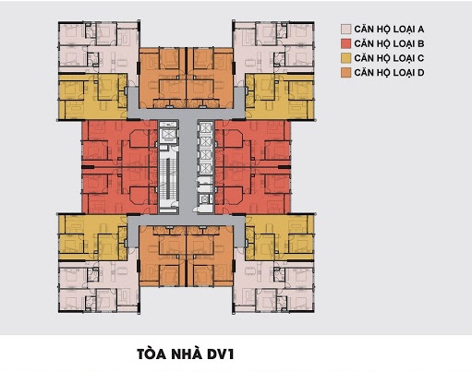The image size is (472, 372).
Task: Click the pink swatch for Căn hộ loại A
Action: (344, 30)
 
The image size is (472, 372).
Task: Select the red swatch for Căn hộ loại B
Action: (344, 43)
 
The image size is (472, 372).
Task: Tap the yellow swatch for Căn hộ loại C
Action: (344, 57)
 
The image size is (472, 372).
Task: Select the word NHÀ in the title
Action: (188, 352)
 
